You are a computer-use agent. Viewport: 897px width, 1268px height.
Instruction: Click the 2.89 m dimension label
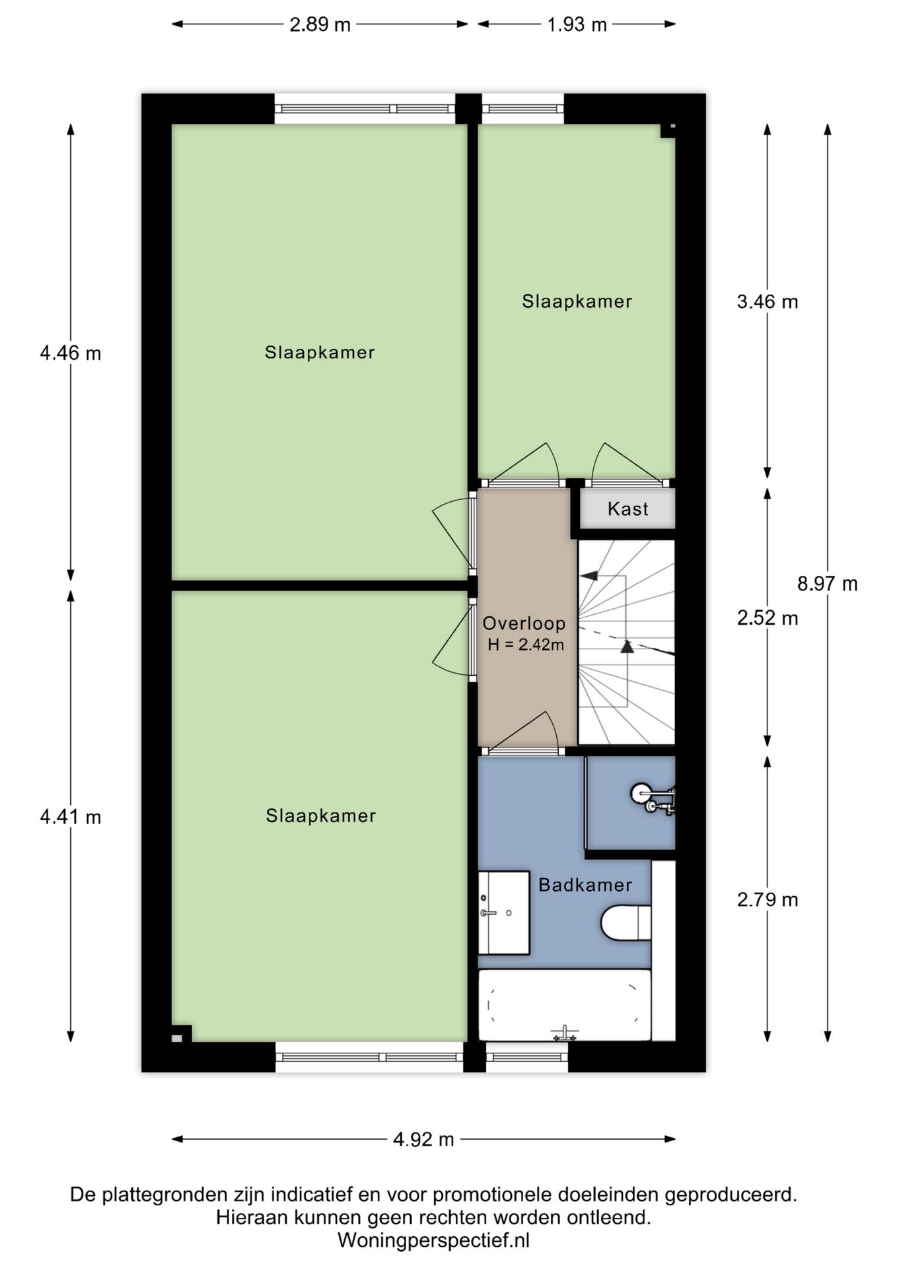tap(320, 24)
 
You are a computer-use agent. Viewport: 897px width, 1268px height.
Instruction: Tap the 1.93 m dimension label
tap(577, 24)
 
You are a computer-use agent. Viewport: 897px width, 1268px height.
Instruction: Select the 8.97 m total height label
tap(827, 584)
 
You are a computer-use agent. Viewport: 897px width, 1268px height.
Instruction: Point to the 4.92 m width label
tap(423, 1139)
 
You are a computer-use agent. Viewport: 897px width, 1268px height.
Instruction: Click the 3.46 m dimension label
tap(768, 302)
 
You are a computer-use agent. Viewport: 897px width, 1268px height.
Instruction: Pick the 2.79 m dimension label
tap(768, 899)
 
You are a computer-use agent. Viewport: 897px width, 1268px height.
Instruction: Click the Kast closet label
tap(628, 509)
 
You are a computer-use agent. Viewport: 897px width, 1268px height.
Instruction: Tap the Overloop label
tap(524, 623)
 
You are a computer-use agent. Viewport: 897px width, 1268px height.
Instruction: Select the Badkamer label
tap(585, 885)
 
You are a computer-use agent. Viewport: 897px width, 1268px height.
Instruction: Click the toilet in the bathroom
tap(626, 923)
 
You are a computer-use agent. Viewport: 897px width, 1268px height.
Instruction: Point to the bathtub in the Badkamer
tap(564, 1005)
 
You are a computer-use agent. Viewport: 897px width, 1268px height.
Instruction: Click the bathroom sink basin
tap(503, 913)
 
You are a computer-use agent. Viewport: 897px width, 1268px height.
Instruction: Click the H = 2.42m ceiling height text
tap(526, 645)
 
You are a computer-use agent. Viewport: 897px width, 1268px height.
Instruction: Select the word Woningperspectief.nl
tap(433, 1240)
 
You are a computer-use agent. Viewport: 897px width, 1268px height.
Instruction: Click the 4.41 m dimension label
tap(71, 818)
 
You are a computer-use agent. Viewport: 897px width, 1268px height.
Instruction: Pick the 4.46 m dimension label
tap(71, 354)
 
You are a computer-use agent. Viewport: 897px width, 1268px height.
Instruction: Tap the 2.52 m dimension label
tap(768, 618)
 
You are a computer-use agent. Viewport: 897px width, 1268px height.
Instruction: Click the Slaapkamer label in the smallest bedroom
tap(577, 302)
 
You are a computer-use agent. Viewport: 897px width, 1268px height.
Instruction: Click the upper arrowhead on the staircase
tap(589, 575)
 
